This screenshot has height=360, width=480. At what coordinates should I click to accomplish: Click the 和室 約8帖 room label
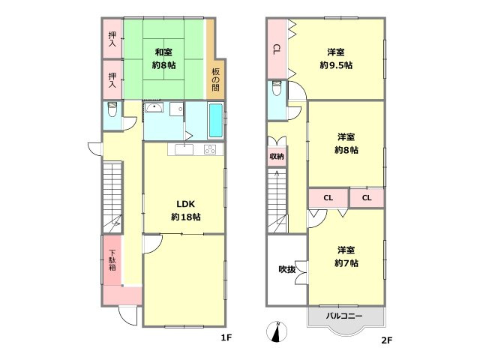pyautogui.click(x=163, y=58)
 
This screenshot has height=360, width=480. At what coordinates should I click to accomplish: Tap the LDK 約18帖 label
pyautogui.click(x=186, y=210)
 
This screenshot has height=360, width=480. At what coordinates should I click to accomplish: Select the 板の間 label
pyautogui.click(x=215, y=80)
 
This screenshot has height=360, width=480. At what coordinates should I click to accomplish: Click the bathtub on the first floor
pyautogui.click(x=216, y=120)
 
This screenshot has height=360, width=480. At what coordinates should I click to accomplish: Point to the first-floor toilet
pyautogui.click(x=112, y=109)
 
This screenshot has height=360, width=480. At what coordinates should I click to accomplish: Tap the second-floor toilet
pyautogui.click(x=277, y=88)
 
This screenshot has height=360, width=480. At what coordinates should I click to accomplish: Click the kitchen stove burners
pyautogui.click(x=210, y=149)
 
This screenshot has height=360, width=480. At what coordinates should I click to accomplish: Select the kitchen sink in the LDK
pyautogui.click(x=184, y=150)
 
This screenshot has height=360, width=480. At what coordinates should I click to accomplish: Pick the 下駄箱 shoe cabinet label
pyautogui.click(x=112, y=260)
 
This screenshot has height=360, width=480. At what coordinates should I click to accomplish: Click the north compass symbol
pyautogui.click(x=277, y=331)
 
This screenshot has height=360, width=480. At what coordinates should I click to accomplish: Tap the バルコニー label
pyautogui.click(x=343, y=316)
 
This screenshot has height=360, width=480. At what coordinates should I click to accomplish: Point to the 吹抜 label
pyautogui.click(x=287, y=269)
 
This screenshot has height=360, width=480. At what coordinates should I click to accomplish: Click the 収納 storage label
pyautogui.click(x=277, y=157)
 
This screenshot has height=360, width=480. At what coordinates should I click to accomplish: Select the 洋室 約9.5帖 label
pyautogui.click(x=336, y=58)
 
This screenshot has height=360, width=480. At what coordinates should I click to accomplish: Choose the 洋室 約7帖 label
pyautogui.click(x=346, y=256)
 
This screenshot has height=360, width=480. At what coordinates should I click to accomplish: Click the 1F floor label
pyautogui.click(x=226, y=337)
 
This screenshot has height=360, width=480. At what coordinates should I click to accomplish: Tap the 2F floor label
pyautogui.click(x=387, y=340)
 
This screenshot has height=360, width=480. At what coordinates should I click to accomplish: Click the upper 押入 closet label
pyautogui.click(x=112, y=40)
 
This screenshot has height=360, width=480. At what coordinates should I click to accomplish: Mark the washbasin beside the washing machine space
pyautogui.click(x=154, y=108)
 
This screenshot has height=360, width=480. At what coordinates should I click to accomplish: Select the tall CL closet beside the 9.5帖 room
pyautogui.click(x=277, y=49)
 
